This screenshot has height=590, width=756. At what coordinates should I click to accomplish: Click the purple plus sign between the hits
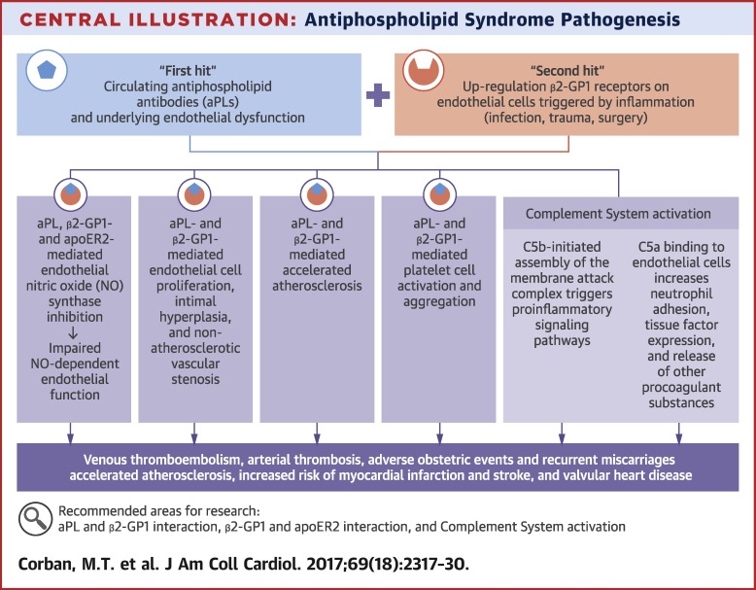(x=378, y=95)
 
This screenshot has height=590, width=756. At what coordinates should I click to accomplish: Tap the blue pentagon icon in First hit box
(x=47, y=70)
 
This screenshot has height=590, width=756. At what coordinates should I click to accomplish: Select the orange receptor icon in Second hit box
(x=424, y=70)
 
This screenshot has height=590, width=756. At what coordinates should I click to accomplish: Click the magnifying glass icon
(x=35, y=519)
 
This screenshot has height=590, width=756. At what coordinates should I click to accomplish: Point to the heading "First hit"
(x=188, y=71)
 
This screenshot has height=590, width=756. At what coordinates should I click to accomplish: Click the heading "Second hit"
(x=567, y=71)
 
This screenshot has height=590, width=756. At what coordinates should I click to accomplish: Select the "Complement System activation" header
(x=618, y=214)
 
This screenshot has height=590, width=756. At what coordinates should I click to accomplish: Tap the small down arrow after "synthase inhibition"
(x=73, y=332)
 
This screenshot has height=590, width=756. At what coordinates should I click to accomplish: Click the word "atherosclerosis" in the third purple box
(x=317, y=286)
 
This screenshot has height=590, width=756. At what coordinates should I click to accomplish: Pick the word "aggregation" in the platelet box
(x=439, y=301)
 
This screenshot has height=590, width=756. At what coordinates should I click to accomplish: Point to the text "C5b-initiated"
(x=562, y=247)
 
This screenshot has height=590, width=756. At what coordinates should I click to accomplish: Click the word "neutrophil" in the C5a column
(x=681, y=294)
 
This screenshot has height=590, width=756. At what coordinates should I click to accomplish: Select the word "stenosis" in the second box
(x=195, y=379)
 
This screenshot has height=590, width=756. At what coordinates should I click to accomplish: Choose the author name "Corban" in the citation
(x=44, y=564)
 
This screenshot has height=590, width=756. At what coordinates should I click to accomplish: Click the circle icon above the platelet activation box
(x=439, y=194)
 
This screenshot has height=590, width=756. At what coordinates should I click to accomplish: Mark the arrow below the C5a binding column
(x=679, y=434)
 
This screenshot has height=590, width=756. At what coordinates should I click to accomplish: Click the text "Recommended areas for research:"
(x=159, y=511)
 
